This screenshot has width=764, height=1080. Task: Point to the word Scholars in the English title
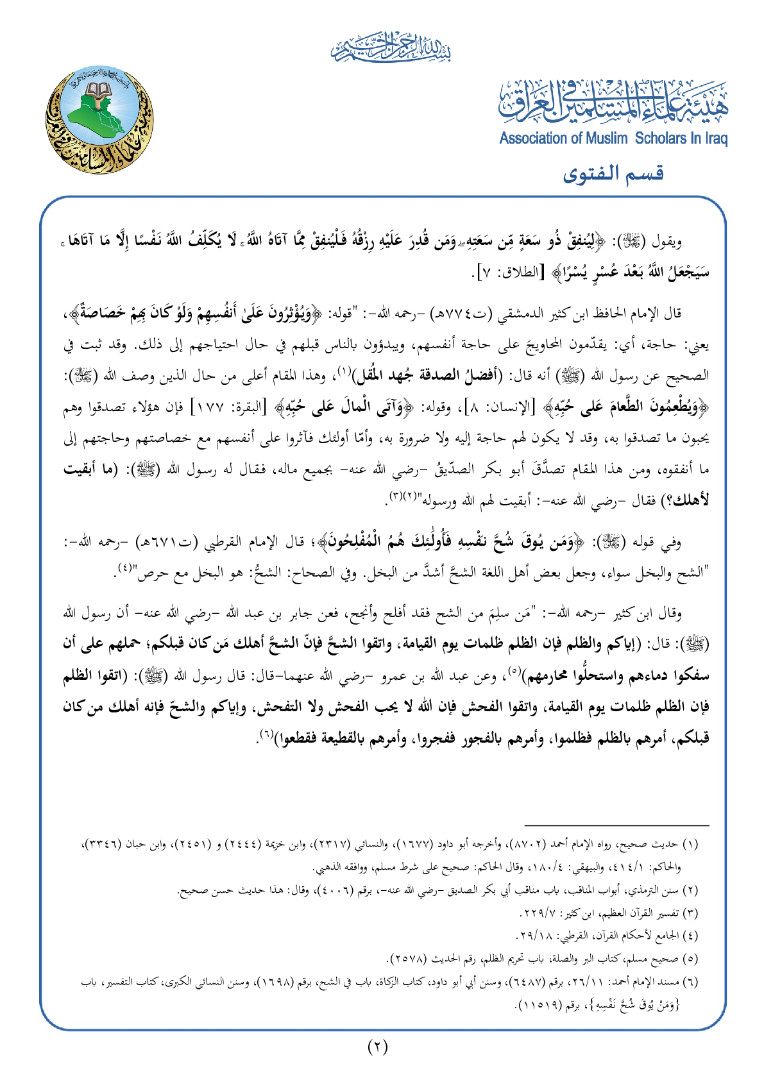(x=662, y=139)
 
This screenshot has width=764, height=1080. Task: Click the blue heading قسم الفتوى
(x=613, y=173)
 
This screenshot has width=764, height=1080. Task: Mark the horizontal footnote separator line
(x=616, y=825)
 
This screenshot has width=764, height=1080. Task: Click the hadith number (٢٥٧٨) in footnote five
(x=408, y=959)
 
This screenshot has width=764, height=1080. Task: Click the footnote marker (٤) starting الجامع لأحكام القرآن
(x=690, y=935)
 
